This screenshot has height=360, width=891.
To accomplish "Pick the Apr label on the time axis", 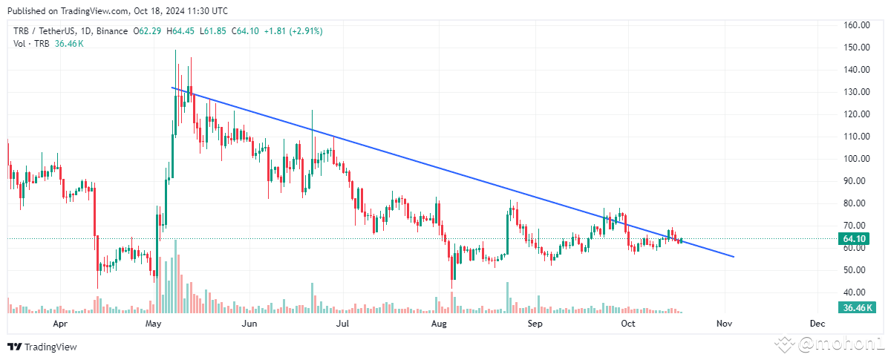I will [x=61, y=324].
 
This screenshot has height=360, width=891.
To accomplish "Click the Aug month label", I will [x=439, y=324].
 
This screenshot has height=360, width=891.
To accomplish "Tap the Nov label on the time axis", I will [x=725, y=324].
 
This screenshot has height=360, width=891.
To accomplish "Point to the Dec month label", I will [x=817, y=324].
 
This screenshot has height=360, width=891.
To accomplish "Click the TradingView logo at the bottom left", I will [x=42, y=347].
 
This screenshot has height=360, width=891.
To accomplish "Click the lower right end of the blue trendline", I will [x=734, y=257].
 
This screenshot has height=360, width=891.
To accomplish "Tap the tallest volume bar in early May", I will [x=176, y=276].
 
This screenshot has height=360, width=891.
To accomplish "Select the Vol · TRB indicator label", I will [x=30, y=44].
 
